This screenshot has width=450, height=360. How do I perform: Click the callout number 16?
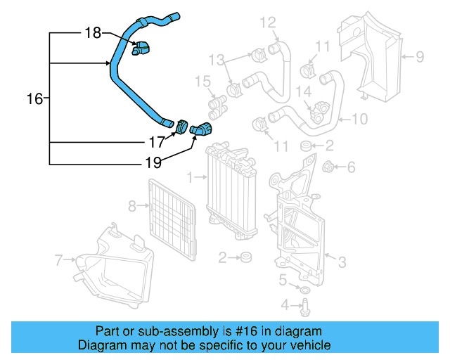[x=34, y=99]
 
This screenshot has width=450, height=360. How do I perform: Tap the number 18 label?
[x=93, y=32]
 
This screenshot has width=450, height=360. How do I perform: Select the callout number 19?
[x=153, y=162]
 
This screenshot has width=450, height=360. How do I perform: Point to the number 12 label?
[x=268, y=22]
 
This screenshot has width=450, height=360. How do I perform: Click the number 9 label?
[x=419, y=56]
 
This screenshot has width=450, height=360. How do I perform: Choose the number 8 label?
[x=131, y=206]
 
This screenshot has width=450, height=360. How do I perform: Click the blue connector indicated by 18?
[x=143, y=49]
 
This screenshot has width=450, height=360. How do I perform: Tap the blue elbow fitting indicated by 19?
[x=201, y=129]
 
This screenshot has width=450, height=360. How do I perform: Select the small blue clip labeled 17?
[x=181, y=127]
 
